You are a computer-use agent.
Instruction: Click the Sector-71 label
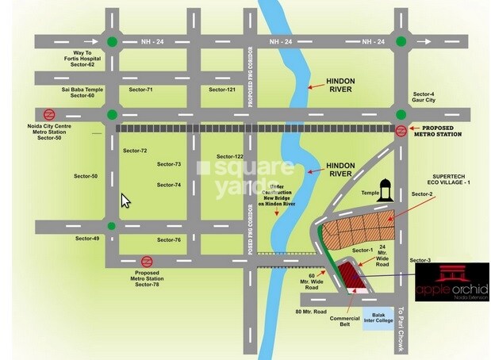[x=140, y=90]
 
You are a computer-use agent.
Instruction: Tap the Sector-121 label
[x=222, y=90]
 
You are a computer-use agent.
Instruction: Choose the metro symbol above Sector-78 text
[x=147, y=261]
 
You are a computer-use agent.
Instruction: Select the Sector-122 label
[x=228, y=157]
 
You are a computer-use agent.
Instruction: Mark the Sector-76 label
[x=168, y=239]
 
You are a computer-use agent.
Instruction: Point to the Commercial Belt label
[x=345, y=323]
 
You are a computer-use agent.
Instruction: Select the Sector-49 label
[x=87, y=239]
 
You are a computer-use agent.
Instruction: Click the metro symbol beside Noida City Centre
[x=48, y=113]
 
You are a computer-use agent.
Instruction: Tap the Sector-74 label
[x=169, y=185]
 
